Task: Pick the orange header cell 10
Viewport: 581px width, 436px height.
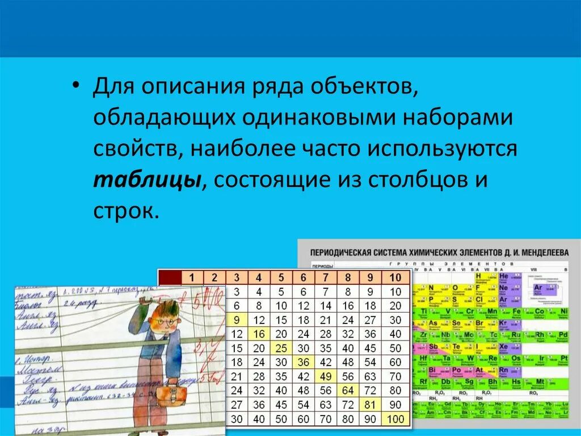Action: pyautogui.click(x=395, y=277)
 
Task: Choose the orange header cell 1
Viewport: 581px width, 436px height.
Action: pyautogui.click(x=192, y=277)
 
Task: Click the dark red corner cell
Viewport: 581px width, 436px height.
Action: pyautogui.click(x=169, y=277)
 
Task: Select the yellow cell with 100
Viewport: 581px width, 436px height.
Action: pyautogui.click(x=395, y=419)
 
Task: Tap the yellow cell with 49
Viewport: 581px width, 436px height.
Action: pyautogui.click(x=325, y=376)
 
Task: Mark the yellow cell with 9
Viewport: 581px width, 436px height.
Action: pyautogui.click(x=237, y=319)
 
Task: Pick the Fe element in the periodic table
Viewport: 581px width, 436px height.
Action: pyautogui.click(x=517, y=312)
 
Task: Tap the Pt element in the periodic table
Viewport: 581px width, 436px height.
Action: pyautogui.click(x=563, y=358)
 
